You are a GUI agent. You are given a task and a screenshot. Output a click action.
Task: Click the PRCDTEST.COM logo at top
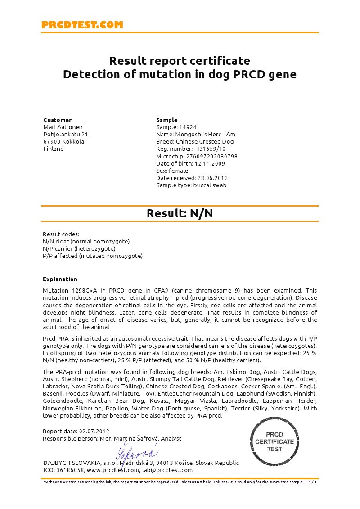tap(82, 25)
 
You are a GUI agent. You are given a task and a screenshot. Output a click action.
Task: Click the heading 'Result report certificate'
tap(180, 60)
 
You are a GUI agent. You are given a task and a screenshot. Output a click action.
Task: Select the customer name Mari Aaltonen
tap(63, 127)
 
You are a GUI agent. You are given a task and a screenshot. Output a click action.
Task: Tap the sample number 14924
tap(188, 127)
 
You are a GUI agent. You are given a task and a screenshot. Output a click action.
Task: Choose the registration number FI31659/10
tap(210, 149)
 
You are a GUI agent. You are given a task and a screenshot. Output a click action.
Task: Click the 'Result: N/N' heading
tap(180, 213)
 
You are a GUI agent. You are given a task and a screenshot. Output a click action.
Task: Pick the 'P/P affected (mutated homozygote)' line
tap(92, 256)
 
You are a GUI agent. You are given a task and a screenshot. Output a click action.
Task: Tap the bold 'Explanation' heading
tap(60, 279)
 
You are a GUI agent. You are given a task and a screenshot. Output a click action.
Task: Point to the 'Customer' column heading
tap(58, 120)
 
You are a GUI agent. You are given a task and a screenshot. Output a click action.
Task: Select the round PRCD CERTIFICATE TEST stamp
tap(274, 441)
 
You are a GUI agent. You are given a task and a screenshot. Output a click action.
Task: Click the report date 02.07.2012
tap(94, 432)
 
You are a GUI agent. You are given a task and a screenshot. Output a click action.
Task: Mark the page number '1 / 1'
tap(312, 482)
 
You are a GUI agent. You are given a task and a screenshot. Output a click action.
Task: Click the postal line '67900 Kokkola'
tap(63, 142)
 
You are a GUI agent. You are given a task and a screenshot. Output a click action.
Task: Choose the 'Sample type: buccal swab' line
tap(191, 185)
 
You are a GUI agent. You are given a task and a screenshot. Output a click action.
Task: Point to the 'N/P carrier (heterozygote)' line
tap(79, 249)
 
